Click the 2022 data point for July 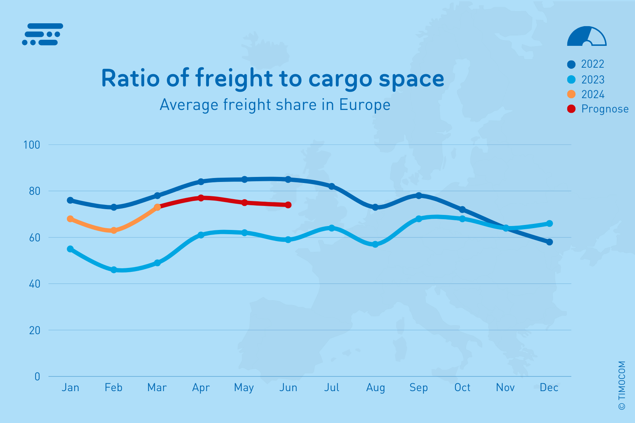click(332, 186)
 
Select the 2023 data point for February click(114, 270)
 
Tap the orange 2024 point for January click(70, 219)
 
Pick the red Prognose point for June click(288, 205)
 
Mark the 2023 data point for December click(549, 223)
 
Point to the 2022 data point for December click(549, 242)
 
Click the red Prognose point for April click(201, 198)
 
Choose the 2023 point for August click(375, 244)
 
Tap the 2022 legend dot click(571, 64)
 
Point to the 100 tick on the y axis click(32, 145)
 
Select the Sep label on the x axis click(419, 388)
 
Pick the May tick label click(244, 388)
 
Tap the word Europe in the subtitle click(364, 105)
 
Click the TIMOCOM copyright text click(622, 385)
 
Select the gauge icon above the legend click(587, 37)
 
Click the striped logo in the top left click(42, 34)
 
